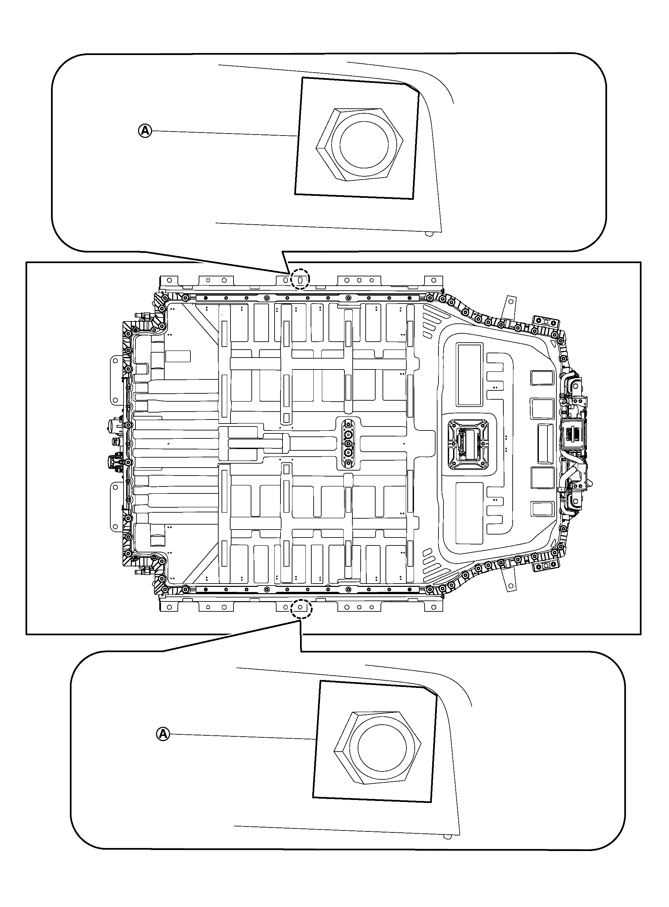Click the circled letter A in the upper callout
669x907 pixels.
tap(145, 131)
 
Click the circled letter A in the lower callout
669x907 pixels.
tap(163, 734)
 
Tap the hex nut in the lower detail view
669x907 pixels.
tap(378, 747)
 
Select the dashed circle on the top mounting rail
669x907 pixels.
tap(300, 279)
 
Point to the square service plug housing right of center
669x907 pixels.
tap(468, 444)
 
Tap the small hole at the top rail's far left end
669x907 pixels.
tap(170, 280)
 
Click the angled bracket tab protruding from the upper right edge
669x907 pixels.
tap(508, 308)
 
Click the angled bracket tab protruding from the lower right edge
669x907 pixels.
tap(508, 580)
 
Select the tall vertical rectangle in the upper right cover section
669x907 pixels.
tap(469, 374)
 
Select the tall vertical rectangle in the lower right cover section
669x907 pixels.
tap(469, 513)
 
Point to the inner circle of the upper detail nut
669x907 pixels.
tap(364, 144)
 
